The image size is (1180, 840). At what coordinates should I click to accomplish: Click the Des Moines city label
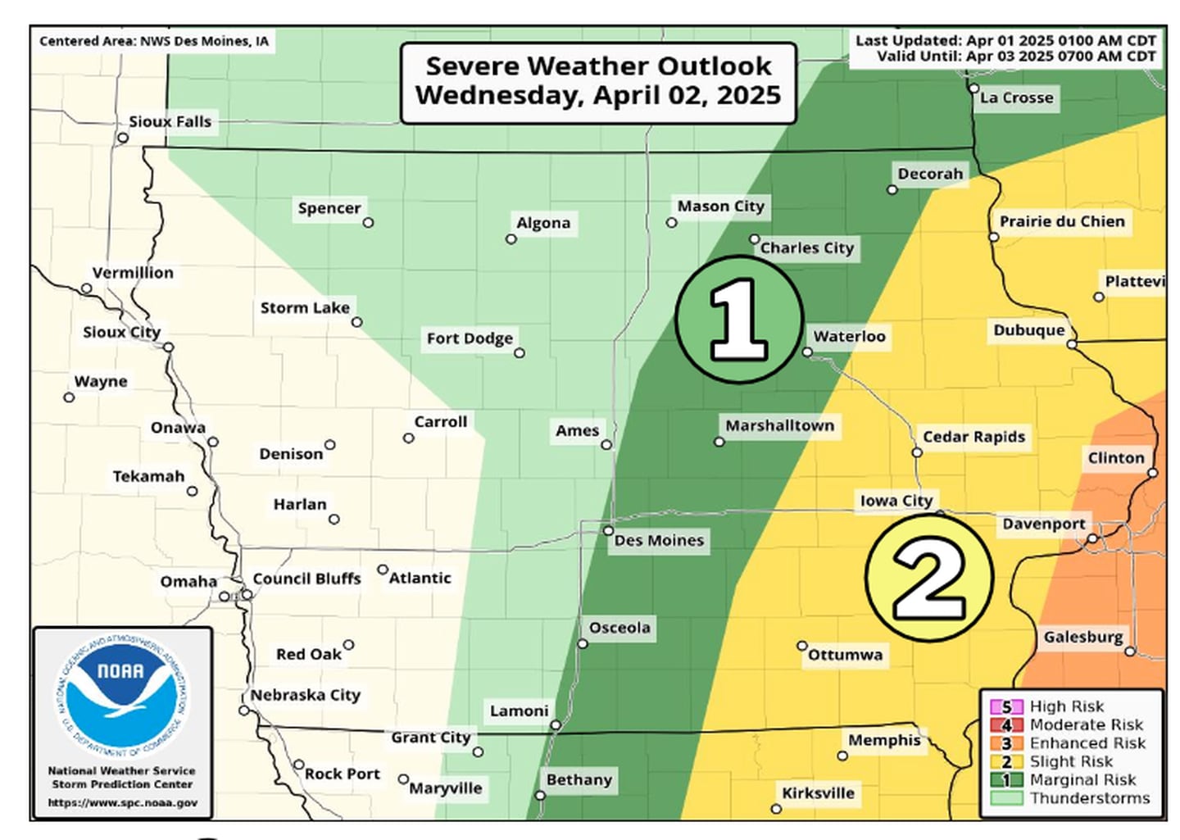point(659,540)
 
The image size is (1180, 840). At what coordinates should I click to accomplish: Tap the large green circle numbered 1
point(739,320)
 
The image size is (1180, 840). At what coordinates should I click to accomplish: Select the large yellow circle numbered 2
point(929,579)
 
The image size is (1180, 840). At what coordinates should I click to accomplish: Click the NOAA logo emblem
point(122,696)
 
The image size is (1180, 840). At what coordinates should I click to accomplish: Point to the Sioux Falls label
point(170,121)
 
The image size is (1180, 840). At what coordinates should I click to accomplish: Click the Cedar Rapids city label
point(973,437)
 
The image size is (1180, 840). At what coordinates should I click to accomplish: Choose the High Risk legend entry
point(1066,706)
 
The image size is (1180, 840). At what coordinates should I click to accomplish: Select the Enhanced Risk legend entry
point(1087,743)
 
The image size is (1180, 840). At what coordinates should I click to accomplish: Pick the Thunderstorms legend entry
point(1089,798)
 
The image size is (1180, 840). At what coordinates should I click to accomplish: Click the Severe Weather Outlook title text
point(598,80)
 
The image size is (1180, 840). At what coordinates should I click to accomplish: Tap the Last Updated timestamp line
point(1005,40)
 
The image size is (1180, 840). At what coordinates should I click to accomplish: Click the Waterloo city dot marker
point(807,352)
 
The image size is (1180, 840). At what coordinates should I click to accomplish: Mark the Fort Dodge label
point(470,338)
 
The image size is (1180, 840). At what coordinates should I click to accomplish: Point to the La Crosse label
point(1016,98)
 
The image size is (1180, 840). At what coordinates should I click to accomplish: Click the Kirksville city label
point(818,793)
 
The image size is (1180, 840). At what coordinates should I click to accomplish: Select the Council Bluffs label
point(306,579)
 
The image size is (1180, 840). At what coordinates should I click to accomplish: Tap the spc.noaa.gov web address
point(122,803)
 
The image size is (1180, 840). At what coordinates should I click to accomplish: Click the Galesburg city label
point(1082,637)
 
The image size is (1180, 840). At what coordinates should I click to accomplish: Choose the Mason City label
point(720,207)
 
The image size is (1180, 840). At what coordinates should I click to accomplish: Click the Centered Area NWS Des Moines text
point(154,41)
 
